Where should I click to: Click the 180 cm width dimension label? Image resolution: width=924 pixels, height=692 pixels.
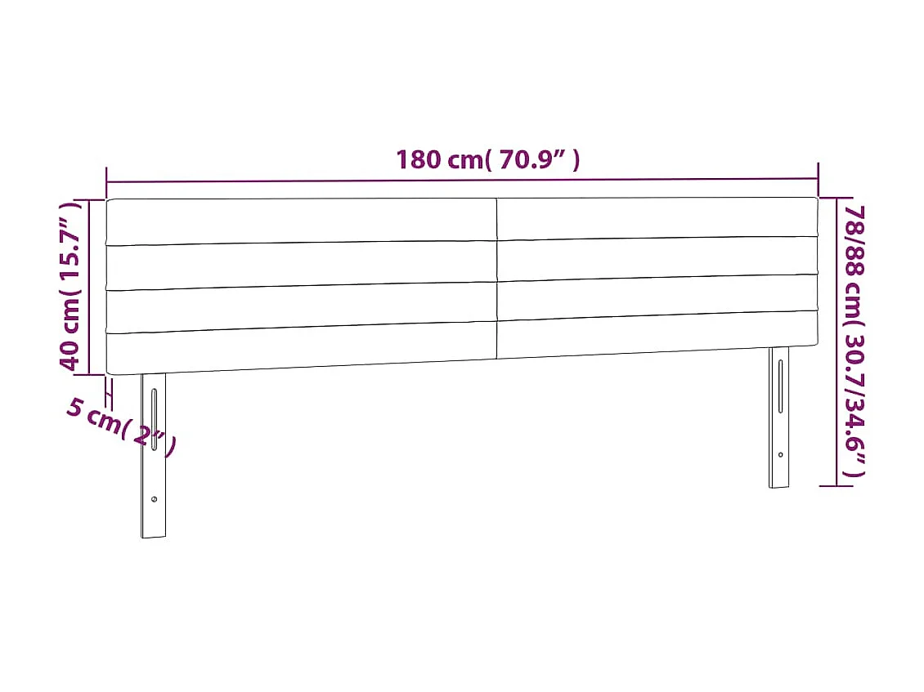(488, 159)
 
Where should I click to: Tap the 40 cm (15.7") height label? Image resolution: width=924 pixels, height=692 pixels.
(72, 285)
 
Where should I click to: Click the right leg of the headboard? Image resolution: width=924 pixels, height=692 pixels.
(779, 417)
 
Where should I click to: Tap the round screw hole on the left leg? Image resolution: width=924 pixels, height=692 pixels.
(154, 499)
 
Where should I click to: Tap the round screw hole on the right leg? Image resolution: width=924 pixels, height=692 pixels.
(780, 455)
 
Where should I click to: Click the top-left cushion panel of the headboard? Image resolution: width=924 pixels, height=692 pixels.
(301, 221)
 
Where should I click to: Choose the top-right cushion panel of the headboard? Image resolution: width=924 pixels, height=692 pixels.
(657, 218)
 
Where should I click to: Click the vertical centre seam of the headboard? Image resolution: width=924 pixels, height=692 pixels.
(497, 278)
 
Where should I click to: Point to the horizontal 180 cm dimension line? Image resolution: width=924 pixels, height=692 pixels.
(462, 181)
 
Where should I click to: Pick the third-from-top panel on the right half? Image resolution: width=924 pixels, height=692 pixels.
(657, 297)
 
